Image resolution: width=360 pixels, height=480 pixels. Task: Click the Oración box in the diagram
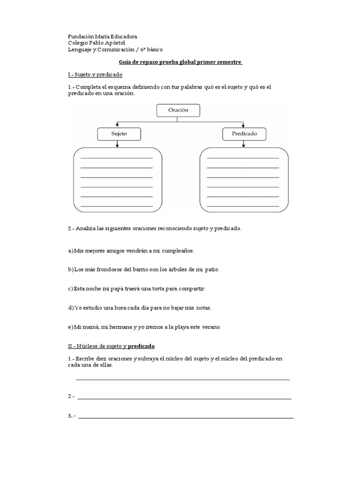(178, 110)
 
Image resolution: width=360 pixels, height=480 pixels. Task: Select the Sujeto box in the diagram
(119, 134)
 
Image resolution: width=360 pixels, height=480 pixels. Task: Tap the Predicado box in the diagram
(244, 134)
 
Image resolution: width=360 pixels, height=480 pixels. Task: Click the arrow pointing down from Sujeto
(117, 144)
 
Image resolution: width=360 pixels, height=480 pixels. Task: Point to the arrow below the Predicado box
(243, 144)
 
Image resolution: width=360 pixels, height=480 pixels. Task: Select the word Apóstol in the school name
(115, 43)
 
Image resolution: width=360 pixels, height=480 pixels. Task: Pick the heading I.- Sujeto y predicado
(95, 75)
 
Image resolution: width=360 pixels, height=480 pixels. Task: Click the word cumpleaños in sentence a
(178, 251)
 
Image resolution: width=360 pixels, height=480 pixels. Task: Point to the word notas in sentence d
(202, 308)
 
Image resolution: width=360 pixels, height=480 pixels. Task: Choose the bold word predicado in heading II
(141, 346)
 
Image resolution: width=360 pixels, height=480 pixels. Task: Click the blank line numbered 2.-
(184, 398)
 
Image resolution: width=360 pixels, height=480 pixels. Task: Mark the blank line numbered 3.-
(186, 417)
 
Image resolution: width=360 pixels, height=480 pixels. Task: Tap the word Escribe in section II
(85, 359)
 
